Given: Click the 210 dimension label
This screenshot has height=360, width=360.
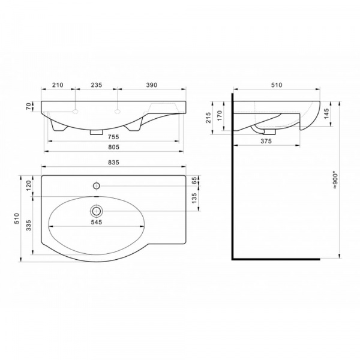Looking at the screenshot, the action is [x=58, y=85].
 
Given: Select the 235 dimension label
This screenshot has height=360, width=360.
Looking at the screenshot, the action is [x=97, y=85].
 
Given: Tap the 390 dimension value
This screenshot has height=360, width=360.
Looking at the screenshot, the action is [x=152, y=85].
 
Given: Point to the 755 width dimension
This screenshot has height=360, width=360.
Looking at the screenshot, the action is [x=113, y=137].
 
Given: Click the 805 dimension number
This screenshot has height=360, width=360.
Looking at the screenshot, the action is [x=113, y=147].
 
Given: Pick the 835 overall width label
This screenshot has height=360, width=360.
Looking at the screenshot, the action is [x=113, y=163].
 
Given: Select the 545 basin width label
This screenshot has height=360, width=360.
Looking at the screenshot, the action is [x=97, y=222].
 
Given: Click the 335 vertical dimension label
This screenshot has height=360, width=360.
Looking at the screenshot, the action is [x=28, y=225].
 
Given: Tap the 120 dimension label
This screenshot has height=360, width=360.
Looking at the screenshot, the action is [x=28, y=185].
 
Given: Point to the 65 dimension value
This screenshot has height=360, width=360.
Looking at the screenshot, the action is [x=194, y=181].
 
